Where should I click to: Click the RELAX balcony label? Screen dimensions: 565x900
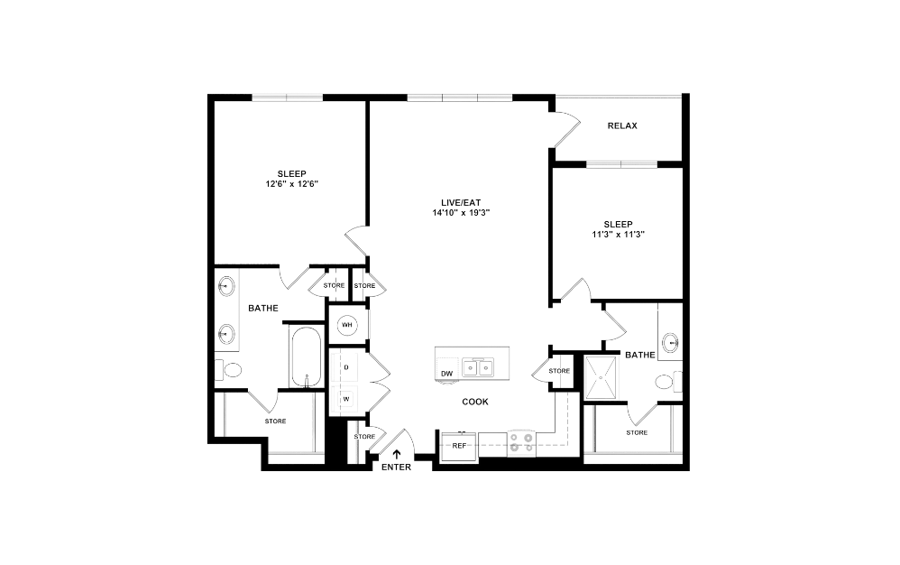click(x=621, y=125)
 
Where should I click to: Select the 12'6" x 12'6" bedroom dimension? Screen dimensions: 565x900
click(x=291, y=184)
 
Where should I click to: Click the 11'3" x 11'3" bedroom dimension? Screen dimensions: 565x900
click(x=618, y=235)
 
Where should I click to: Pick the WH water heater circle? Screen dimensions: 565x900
click(x=346, y=325)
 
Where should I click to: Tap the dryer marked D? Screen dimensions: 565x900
click(x=345, y=367)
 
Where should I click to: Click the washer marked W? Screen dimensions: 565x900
click(x=345, y=397)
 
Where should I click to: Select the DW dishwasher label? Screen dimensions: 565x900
click(x=446, y=374)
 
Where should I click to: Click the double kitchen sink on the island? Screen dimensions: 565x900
click(x=478, y=367)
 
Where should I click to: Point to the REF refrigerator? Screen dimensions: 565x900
click(x=459, y=446)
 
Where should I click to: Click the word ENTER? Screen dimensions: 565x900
click(x=395, y=467)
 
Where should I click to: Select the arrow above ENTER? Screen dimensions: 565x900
click(x=396, y=454)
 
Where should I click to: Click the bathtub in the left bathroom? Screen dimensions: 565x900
click(x=305, y=357)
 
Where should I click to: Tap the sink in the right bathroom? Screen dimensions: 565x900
click(x=670, y=343)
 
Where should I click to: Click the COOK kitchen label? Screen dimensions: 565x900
click(x=474, y=402)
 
